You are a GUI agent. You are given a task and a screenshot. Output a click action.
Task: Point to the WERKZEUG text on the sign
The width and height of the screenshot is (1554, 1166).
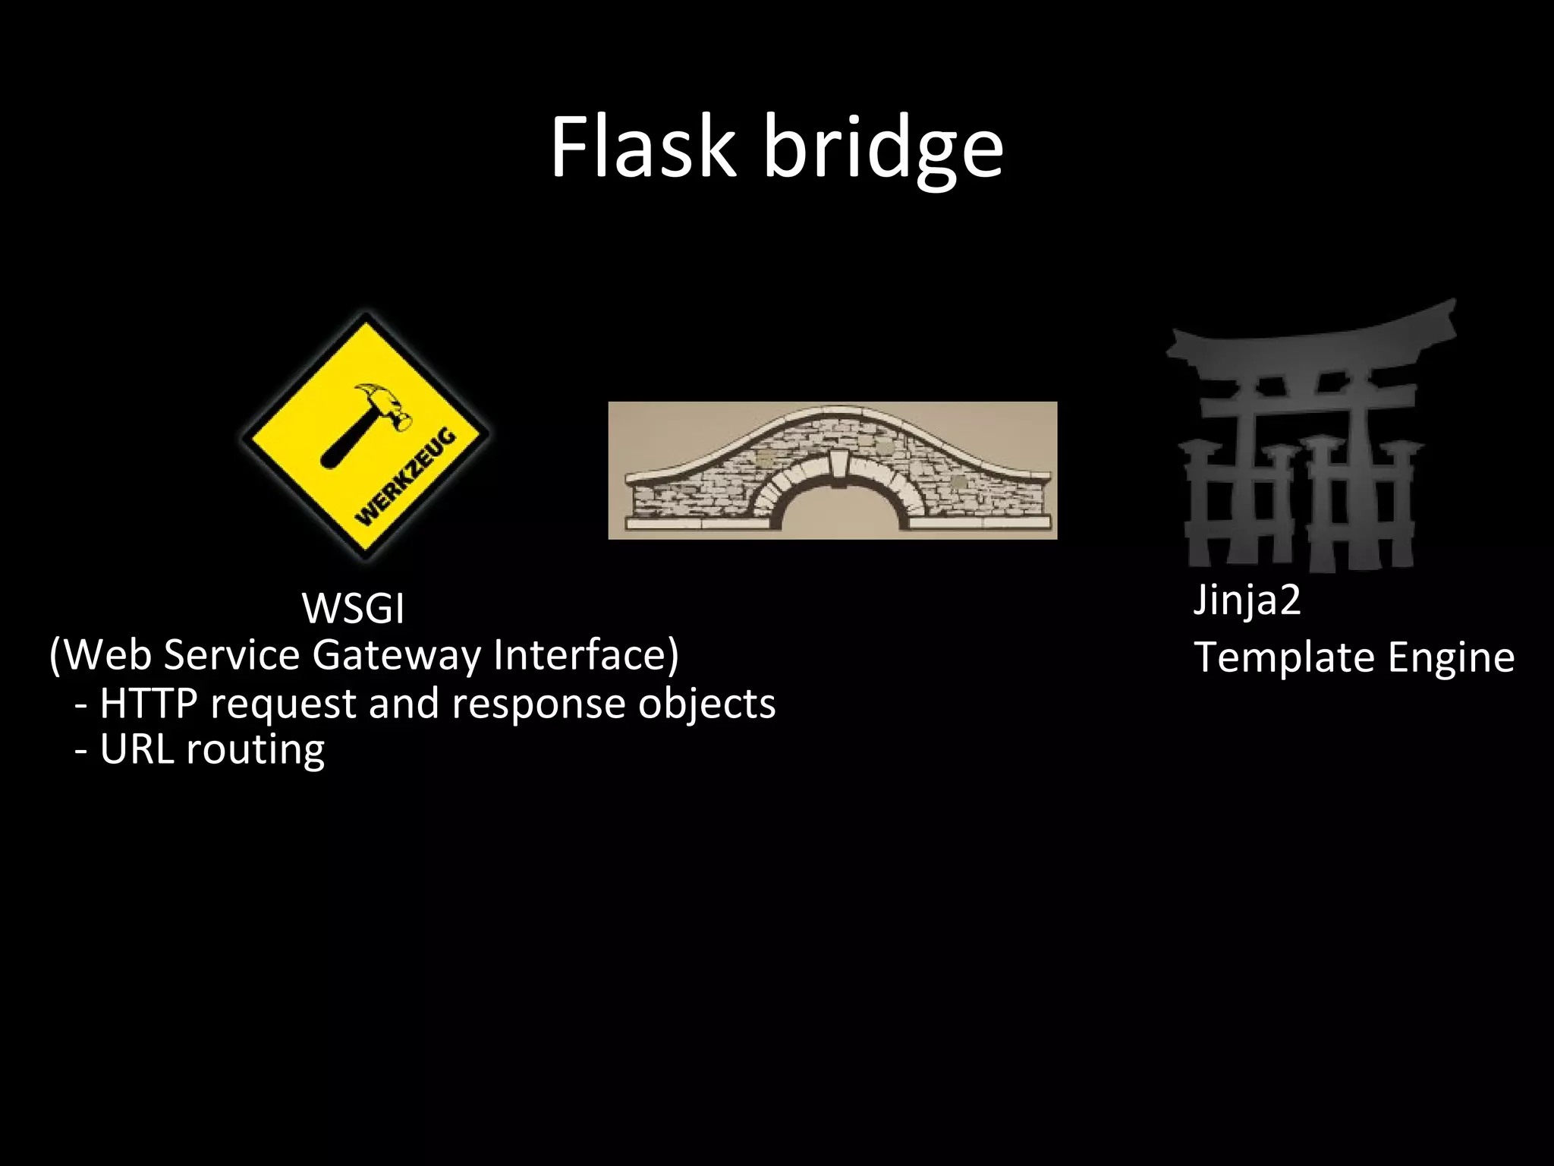[407, 477]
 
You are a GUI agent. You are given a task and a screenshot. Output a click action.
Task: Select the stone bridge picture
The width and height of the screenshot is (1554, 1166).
[832, 470]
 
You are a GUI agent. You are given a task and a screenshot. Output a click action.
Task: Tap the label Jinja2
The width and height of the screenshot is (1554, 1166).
[1247, 600]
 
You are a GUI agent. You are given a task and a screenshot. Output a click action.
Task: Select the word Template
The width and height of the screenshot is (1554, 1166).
[1284, 657]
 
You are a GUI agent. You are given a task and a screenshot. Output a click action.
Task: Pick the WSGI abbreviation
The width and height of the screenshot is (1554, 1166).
[353, 608]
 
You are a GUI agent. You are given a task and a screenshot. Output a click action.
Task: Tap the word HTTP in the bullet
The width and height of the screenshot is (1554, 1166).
[149, 703]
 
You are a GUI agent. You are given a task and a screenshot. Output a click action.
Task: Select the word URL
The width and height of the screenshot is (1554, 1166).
[137, 750]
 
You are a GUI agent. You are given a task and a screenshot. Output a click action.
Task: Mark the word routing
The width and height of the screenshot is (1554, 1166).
[256, 752]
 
